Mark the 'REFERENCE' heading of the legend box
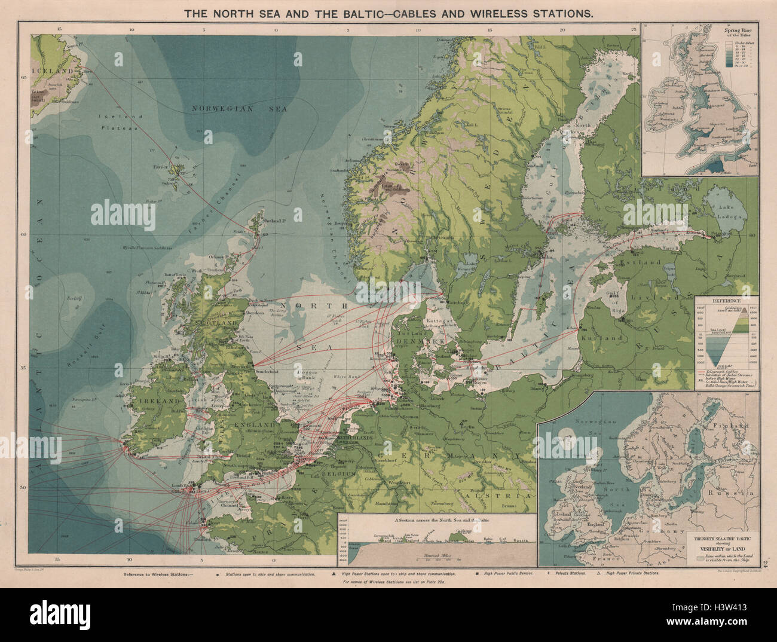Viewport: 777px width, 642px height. (x=726, y=301)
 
